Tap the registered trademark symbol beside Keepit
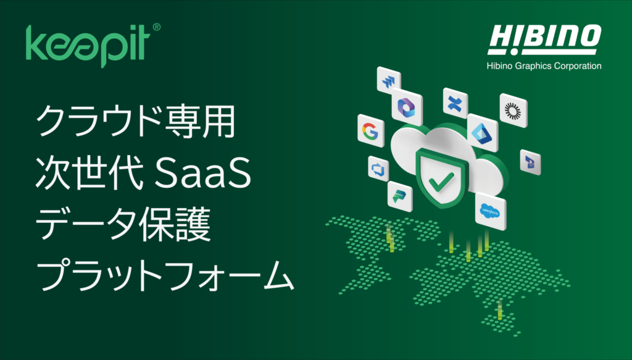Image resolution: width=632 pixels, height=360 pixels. [157, 27]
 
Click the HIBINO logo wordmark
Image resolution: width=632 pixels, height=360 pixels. [544, 40]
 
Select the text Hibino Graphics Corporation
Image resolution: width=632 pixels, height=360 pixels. [544, 65]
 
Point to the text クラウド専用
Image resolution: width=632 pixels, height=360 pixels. [135, 122]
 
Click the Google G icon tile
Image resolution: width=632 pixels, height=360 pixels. [371, 131]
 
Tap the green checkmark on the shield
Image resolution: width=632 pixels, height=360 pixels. [441, 182]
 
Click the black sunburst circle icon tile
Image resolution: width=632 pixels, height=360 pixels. [513, 111]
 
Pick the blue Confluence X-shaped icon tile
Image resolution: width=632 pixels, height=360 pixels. [455, 103]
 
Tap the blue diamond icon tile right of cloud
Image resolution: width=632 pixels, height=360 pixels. [483, 133]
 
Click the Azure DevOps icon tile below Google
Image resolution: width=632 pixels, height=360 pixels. [378, 169]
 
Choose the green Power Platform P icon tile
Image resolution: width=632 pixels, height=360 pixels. [400, 196]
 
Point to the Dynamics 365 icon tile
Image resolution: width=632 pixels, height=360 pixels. [530, 162]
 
